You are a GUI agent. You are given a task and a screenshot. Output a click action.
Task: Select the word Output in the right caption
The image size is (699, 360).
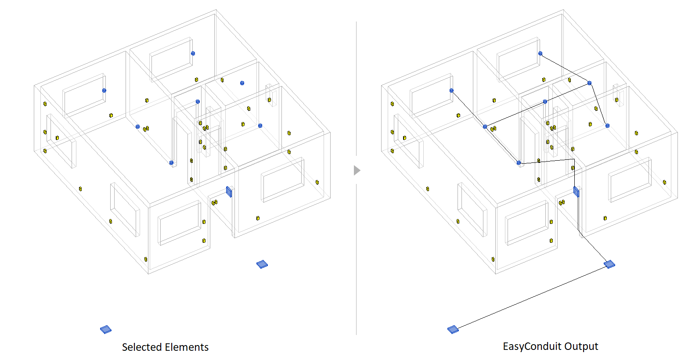pos(581,346)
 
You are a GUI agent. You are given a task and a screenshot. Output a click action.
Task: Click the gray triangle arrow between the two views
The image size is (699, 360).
pos(357,170)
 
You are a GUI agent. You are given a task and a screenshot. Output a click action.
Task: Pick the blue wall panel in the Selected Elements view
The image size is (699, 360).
pos(229,191)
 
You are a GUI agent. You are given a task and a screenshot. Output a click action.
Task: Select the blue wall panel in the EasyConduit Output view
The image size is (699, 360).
pos(576,191)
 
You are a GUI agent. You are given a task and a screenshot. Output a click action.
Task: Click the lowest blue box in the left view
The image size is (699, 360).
pos(106,329)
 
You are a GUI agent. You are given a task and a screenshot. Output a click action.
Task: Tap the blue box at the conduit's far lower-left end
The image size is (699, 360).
pos(453,329)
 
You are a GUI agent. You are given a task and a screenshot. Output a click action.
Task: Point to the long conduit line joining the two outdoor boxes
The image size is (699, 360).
pos(531,297)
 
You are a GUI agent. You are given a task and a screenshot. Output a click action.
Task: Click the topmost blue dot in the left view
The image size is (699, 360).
pos(193,54)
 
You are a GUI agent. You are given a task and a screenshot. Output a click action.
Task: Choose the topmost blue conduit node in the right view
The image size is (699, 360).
pos(540,54)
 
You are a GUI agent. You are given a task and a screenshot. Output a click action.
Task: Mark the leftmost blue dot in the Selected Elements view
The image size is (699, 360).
pos(104,90)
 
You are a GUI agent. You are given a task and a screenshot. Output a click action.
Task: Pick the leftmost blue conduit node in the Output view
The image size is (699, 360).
pos(451,90)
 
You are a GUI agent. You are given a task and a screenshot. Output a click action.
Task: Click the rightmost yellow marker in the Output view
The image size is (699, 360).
pos(664,182)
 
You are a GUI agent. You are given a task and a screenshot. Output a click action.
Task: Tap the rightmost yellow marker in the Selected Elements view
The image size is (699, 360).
pos(317,182)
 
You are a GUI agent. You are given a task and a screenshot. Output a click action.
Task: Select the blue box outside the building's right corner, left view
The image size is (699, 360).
pos(262,264)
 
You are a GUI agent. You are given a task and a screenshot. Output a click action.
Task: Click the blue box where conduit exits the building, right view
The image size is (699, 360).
pos(609,264)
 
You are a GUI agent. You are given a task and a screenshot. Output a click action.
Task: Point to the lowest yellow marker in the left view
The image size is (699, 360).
pos(146,259)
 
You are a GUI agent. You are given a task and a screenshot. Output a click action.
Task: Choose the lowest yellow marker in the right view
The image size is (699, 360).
pos(493,259)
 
